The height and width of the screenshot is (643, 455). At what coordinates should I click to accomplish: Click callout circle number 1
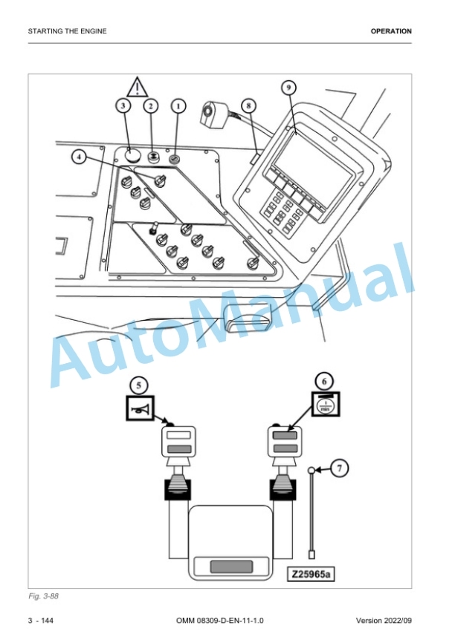(x=178, y=106)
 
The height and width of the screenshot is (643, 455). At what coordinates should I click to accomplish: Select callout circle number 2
(x=151, y=106)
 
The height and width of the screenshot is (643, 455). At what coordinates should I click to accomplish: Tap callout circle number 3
(x=123, y=106)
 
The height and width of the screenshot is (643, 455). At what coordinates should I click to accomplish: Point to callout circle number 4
(x=80, y=156)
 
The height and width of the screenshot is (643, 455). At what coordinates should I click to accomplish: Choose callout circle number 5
(x=139, y=385)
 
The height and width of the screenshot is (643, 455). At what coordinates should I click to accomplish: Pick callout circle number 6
(x=324, y=382)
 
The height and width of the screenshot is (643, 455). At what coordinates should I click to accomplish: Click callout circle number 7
(x=340, y=468)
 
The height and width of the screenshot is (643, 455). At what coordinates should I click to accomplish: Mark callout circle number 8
(x=248, y=106)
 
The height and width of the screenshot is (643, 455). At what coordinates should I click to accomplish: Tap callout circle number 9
(x=288, y=88)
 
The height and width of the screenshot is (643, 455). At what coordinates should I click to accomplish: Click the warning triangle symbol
(x=138, y=88)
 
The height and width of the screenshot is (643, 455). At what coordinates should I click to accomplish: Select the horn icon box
(x=140, y=408)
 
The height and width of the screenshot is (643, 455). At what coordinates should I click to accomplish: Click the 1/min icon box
(x=326, y=405)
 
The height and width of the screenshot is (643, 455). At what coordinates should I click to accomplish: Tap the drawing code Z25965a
(x=311, y=574)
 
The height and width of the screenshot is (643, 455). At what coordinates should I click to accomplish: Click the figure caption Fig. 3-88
(x=43, y=595)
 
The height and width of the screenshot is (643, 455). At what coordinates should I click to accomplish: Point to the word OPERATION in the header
(x=391, y=31)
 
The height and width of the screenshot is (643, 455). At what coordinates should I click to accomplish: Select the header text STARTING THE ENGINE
(x=68, y=31)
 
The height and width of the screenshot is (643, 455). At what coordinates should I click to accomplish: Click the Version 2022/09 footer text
(x=384, y=621)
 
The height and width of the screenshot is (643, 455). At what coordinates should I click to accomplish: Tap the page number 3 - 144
(x=41, y=621)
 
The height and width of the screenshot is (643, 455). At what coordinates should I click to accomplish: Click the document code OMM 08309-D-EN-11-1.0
(x=220, y=621)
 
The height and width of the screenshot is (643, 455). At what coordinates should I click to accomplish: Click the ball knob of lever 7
(x=312, y=470)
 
